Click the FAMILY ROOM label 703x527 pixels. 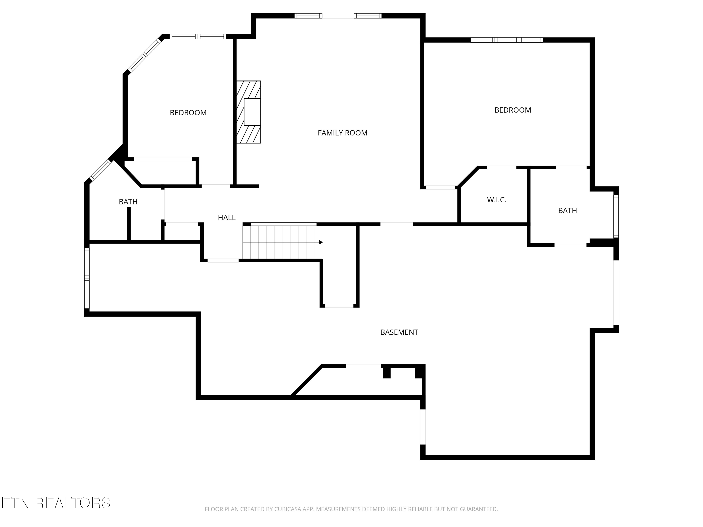(x=342, y=133)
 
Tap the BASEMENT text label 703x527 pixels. (x=399, y=332)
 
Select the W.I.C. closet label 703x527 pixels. (x=496, y=200)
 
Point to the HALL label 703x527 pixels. (x=227, y=218)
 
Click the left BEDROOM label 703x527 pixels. (x=188, y=113)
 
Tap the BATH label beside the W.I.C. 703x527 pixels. (x=567, y=211)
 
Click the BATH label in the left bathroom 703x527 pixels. (x=128, y=202)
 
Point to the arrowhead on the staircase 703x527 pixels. (x=321, y=242)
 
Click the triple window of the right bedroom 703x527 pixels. (x=507, y=40)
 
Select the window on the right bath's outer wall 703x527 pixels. (x=616, y=216)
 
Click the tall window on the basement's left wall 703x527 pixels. (x=87, y=278)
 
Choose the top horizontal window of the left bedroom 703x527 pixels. (x=198, y=37)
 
